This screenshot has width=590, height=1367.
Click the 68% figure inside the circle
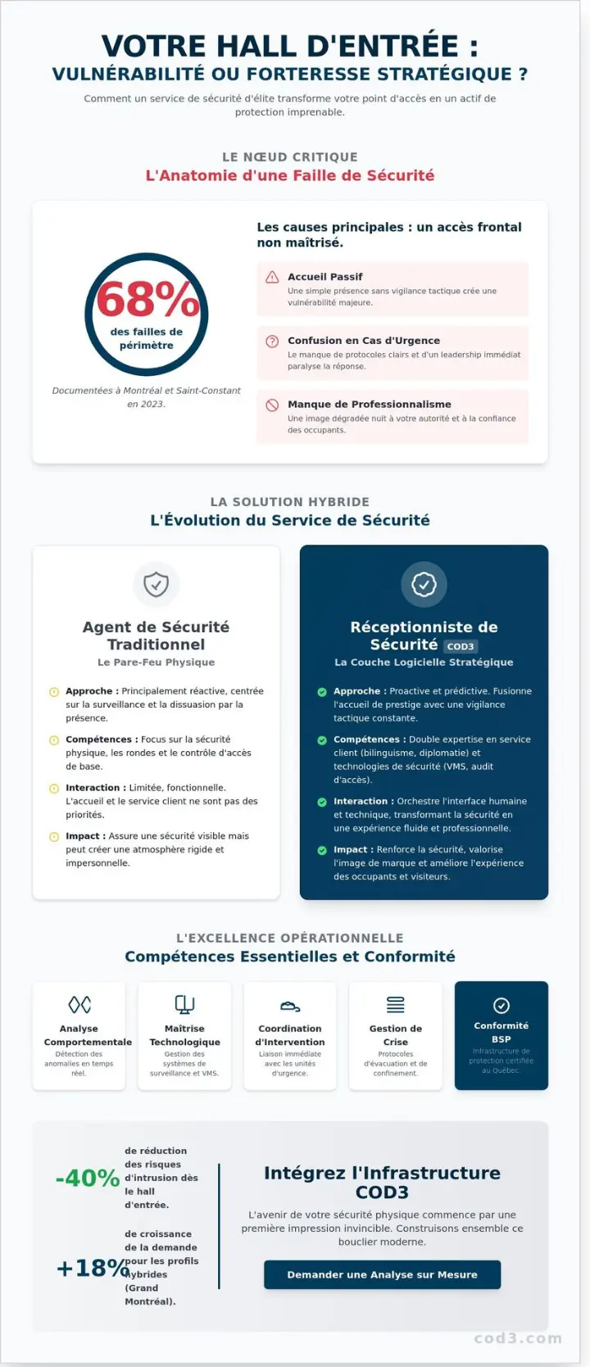coord(147,299)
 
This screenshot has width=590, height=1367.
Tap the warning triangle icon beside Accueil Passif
coord(272,277)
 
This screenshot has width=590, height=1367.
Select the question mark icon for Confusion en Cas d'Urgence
coord(272,341)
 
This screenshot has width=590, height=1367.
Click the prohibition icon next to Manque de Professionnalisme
coord(272,405)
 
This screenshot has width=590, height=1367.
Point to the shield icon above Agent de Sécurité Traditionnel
coord(156,584)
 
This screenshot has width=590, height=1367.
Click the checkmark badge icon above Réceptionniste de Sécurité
coord(424,584)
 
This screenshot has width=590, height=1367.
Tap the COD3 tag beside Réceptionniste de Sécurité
coord(461,646)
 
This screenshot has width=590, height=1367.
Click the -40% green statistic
coord(88,1178)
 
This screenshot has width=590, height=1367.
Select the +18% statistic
coord(92,1268)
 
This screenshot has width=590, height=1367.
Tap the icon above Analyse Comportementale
coord(79,1004)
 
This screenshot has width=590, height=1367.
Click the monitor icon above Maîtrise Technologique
coord(184,1004)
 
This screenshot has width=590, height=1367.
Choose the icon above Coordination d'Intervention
coord(290,1006)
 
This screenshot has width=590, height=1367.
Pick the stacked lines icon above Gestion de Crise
coord(396,1004)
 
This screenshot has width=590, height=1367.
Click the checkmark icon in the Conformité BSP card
coord(501,1005)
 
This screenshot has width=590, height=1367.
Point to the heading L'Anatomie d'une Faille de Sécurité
coord(290,175)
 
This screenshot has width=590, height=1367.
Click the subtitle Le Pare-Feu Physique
coord(156,662)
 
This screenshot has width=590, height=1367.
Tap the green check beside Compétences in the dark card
coord(322,740)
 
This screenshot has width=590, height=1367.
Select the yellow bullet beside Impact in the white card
coord(54,836)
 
